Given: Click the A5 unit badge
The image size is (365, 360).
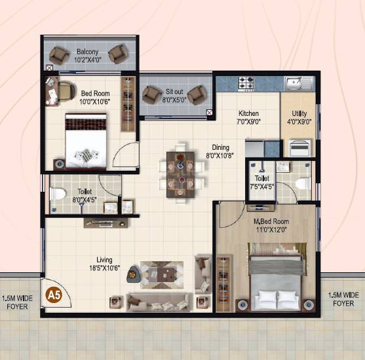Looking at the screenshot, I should click(x=52, y=295).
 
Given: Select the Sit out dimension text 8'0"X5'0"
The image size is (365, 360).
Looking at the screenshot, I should click(x=174, y=100).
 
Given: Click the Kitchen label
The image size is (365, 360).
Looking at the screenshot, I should click(x=248, y=113).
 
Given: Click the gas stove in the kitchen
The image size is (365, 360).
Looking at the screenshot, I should click(x=246, y=83).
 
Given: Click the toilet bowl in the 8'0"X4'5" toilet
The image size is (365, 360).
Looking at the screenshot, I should click(x=56, y=194).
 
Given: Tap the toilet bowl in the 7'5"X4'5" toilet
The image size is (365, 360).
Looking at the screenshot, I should click(x=302, y=184).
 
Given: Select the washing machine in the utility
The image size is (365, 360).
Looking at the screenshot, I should click(x=298, y=148).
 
